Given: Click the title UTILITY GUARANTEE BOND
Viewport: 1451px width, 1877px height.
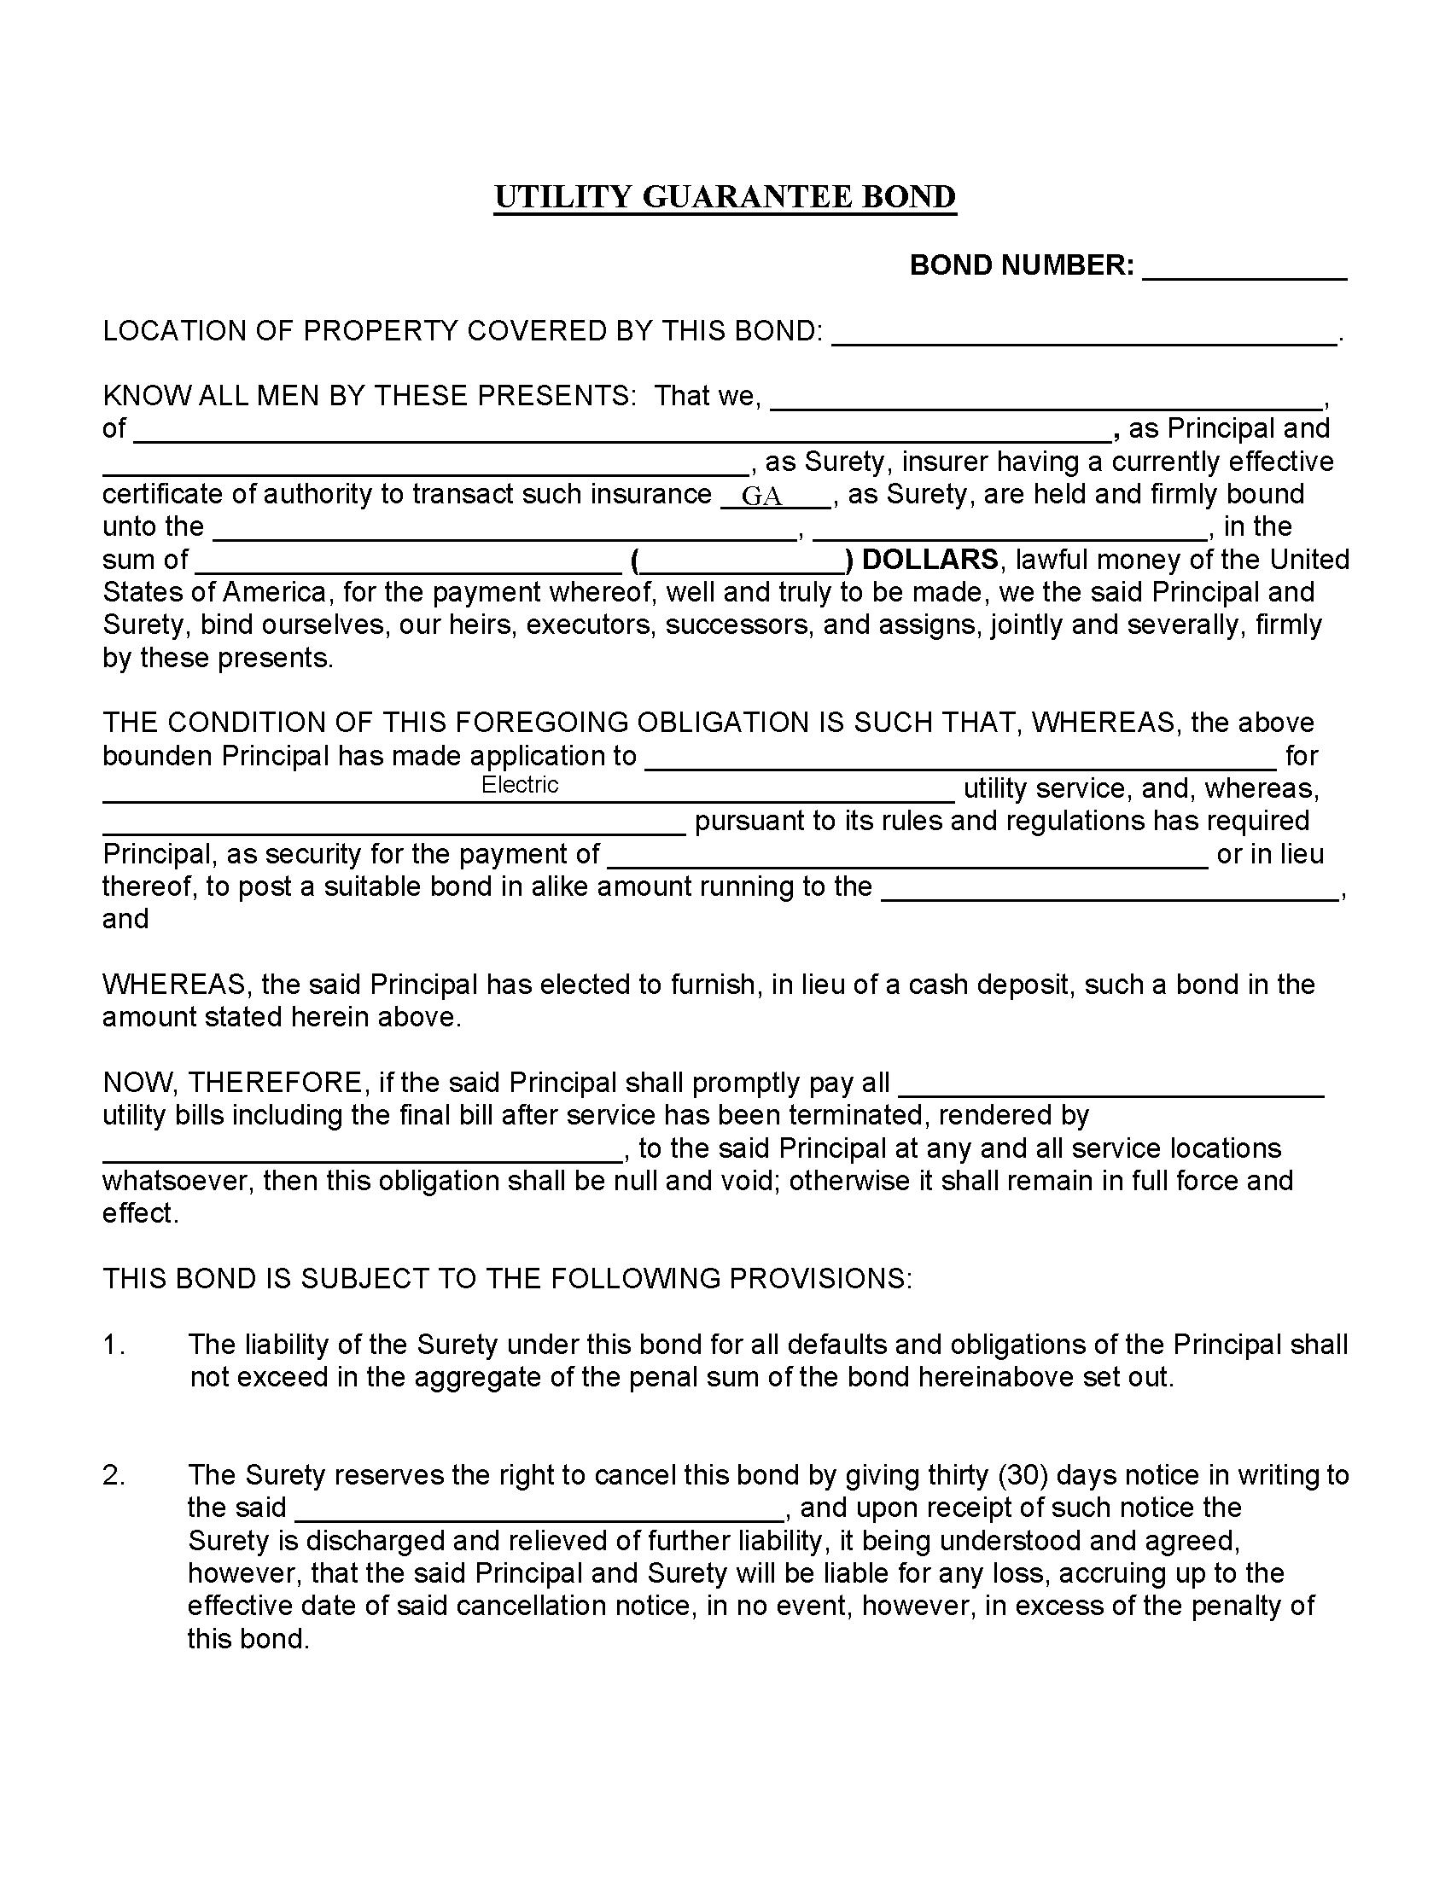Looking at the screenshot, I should pyautogui.click(x=725, y=197).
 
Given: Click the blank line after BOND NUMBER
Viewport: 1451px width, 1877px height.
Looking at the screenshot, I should pyautogui.click(x=1243, y=269).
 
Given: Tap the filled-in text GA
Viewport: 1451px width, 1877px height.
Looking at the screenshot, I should pyautogui.click(x=761, y=496).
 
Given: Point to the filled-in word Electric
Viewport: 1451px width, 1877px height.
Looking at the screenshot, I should pyautogui.click(x=519, y=784).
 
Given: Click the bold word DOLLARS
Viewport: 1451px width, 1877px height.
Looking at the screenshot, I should pyautogui.click(x=929, y=560).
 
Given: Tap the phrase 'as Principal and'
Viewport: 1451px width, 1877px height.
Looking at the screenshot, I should pyautogui.click(x=1228, y=428).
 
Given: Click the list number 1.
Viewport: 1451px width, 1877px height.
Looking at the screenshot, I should pyautogui.click(x=114, y=1344).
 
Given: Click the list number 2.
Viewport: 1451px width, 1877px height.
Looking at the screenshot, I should pyautogui.click(x=114, y=1475).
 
